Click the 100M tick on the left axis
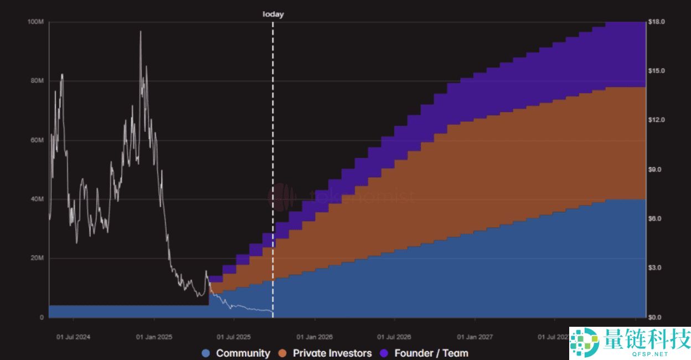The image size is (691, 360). pos(35,22)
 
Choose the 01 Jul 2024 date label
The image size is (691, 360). pos(73,337)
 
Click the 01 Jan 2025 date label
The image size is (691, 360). pos(153,337)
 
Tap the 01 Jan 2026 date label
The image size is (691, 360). pos(314,337)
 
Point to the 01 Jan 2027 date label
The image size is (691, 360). pos(475,337)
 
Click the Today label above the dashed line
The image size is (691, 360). pos(273,14)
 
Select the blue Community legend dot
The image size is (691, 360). pos(207,353)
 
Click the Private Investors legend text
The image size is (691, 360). pos(332,353)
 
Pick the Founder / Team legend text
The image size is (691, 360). pos(431,353)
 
